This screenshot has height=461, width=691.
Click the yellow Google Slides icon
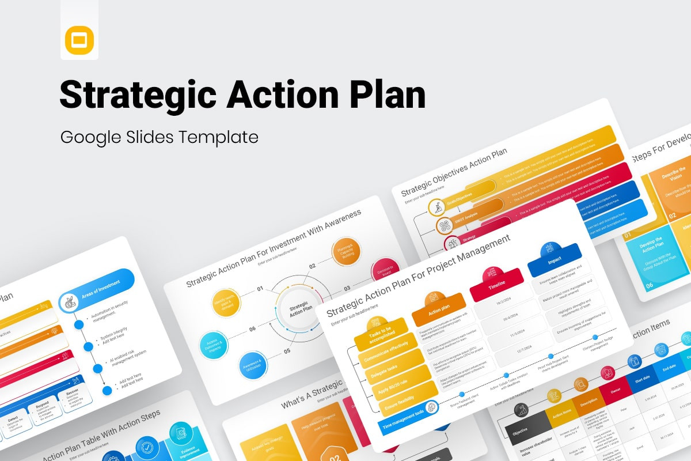click(79, 41)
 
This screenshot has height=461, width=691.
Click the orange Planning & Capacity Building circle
click(345, 251)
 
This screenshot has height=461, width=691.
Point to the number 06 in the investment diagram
click(252, 329)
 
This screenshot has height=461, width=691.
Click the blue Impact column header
click(554, 260)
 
